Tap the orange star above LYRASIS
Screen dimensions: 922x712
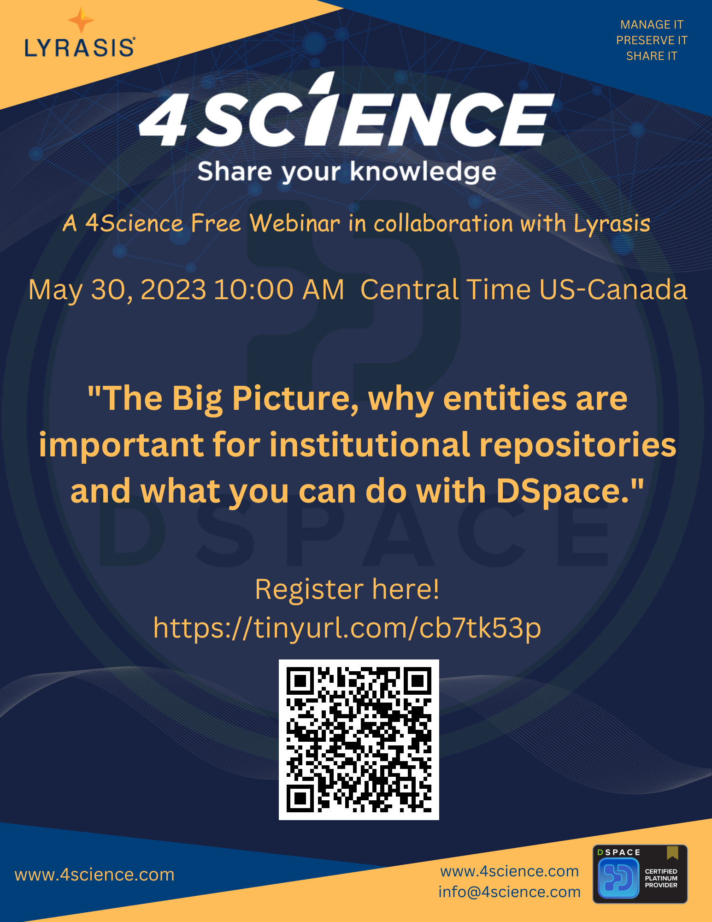[x=81, y=21]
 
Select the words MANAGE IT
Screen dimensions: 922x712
[x=652, y=24]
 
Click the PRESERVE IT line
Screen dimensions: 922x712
[x=652, y=41]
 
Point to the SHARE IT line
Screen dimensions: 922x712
[x=652, y=56]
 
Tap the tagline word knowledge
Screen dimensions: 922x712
[x=423, y=172]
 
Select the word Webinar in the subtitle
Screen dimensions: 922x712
[x=294, y=224]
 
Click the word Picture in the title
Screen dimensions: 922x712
[x=295, y=399]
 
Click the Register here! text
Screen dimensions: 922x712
[x=347, y=589]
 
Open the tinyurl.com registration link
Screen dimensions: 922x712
[x=347, y=628]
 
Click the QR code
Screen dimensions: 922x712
[x=359, y=739]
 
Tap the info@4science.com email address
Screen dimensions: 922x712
[x=509, y=892]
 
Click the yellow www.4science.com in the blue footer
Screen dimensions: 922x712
[x=94, y=875]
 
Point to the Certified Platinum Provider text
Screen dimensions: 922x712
[x=661, y=878]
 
